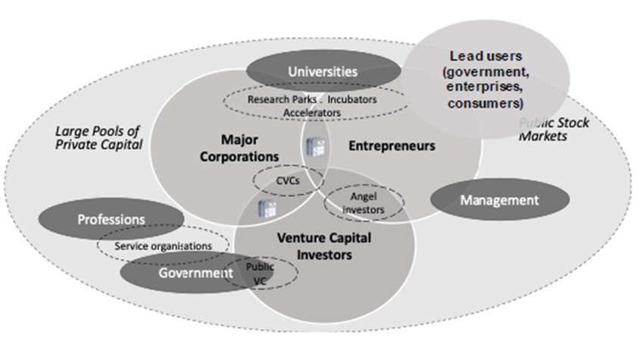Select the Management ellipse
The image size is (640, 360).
click(499, 200)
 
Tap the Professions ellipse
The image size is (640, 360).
click(111, 219)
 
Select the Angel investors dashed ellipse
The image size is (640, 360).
click(364, 202)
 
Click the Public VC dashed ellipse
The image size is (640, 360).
click(260, 274)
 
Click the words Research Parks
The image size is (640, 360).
click(279, 99)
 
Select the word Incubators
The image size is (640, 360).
click(352, 99)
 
